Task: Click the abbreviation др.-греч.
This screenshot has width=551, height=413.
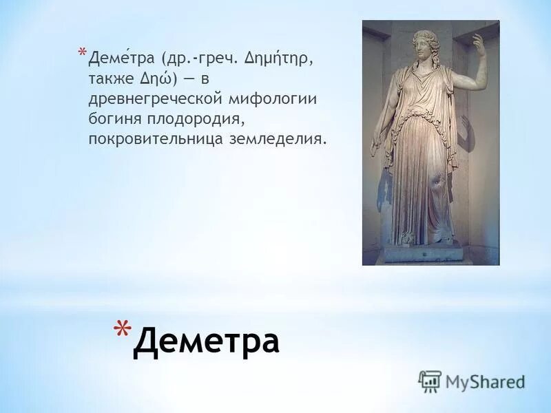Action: (x=200, y=60)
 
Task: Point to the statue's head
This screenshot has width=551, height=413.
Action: (x=422, y=45)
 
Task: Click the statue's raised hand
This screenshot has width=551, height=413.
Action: (x=477, y=42)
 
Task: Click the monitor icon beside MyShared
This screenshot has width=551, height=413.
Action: (x=430, y=381)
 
